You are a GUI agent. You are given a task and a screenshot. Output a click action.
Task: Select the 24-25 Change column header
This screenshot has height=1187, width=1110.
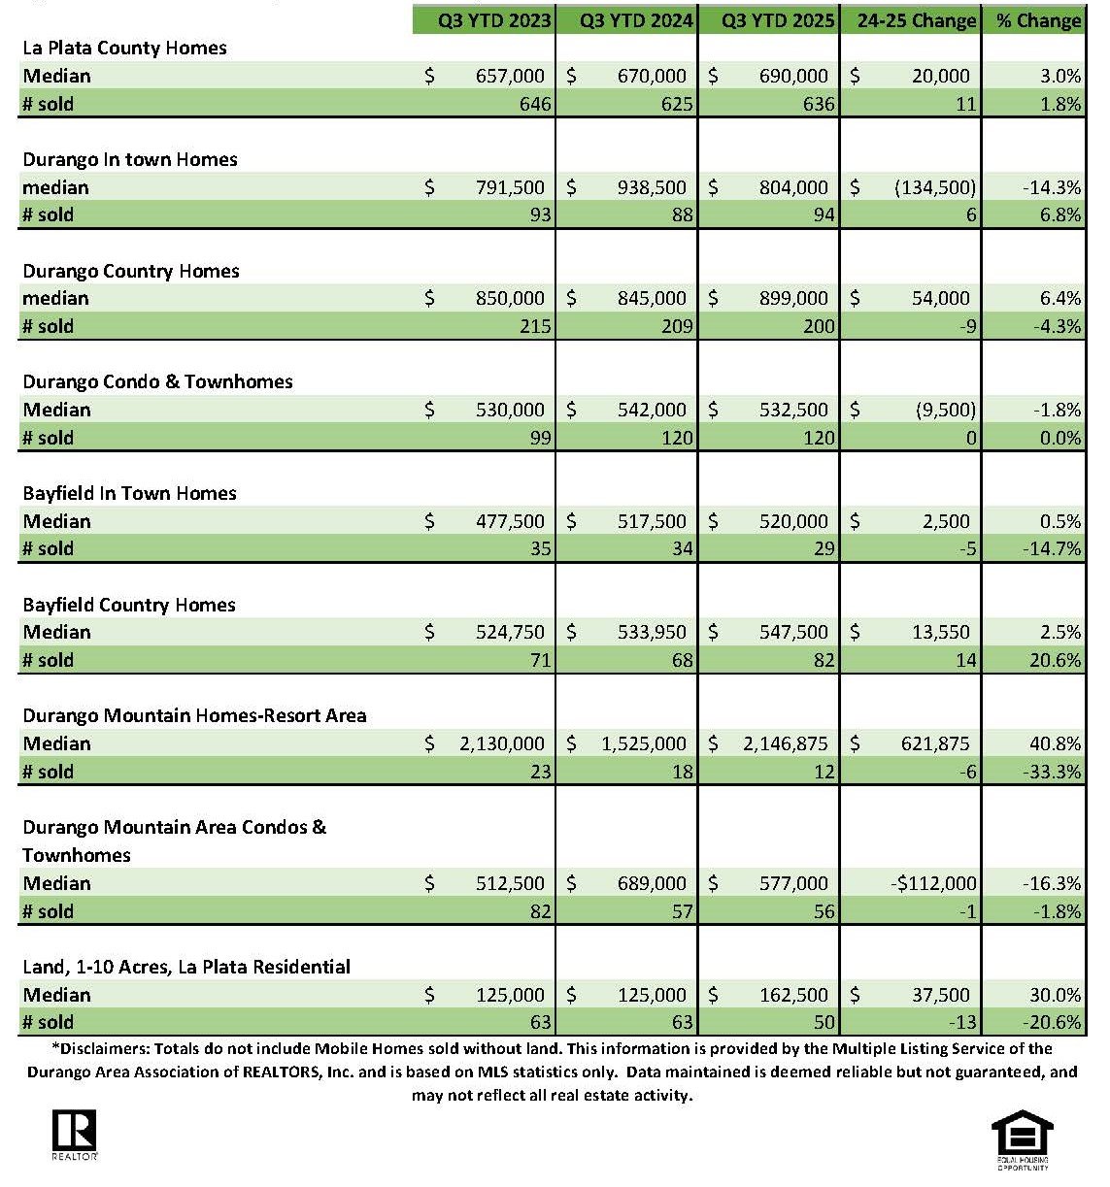(916, 20)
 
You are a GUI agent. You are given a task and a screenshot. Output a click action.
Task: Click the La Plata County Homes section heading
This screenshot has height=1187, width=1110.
(124, 48)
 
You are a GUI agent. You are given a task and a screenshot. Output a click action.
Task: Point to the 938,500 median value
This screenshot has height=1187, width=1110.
(651, 187)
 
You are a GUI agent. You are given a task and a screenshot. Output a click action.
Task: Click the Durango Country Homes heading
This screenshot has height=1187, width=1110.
(131, 271)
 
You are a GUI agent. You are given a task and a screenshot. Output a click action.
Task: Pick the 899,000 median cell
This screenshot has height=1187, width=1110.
(793, 298)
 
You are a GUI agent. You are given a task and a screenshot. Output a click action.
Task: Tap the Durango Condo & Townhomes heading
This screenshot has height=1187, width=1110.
(157, 381)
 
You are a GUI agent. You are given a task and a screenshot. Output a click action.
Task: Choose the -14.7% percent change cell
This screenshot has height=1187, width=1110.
(1052, 548)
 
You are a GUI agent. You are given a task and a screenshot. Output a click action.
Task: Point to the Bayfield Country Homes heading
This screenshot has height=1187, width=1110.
(129, 605)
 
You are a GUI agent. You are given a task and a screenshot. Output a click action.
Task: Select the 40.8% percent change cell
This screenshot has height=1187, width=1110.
(1055, 743)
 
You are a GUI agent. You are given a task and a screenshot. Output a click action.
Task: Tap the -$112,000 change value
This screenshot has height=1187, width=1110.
(933, 883)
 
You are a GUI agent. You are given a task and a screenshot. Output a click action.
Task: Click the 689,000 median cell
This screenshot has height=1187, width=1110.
(651, 883)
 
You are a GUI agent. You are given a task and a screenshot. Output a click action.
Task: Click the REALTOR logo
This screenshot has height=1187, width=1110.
(74, 1134)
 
